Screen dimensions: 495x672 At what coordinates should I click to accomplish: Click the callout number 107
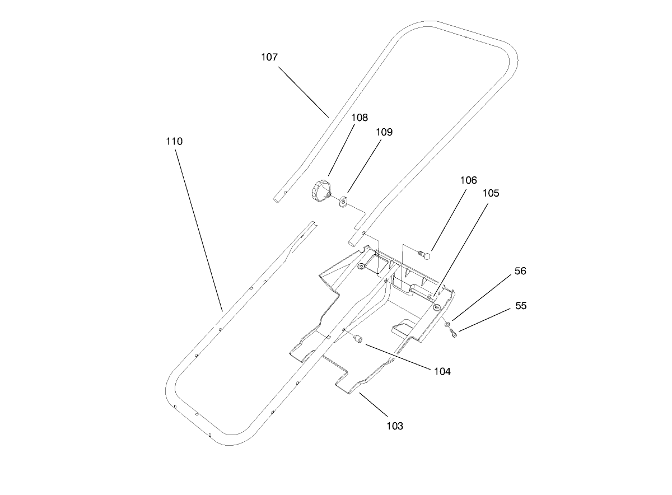269,57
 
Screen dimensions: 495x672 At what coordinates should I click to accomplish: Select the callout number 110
174,142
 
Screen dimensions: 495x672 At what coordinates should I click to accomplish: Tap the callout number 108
360,118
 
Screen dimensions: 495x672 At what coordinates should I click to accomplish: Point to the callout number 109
384,132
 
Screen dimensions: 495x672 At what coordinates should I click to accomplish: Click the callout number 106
468,180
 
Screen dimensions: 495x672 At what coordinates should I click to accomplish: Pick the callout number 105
491,193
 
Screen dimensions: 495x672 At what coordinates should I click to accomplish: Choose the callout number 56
520,271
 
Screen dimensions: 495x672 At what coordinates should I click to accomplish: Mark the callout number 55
521,306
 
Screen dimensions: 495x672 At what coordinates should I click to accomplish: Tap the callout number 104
441,371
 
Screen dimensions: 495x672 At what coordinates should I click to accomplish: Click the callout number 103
394,426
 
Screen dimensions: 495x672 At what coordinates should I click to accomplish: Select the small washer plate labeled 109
343,200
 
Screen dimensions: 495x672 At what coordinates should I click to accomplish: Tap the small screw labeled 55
453,334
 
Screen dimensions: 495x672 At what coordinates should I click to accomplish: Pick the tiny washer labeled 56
447,325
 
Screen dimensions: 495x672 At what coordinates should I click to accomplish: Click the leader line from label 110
199,230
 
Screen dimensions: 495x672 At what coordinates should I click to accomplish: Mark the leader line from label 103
374,404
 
